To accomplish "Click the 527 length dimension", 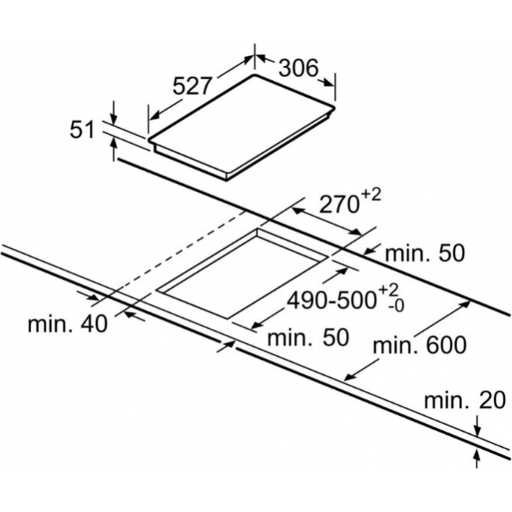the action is pos(191,86).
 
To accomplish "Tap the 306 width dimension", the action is pos(298,68).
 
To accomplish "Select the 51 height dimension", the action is pos(82,130).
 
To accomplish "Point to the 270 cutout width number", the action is pos(339,205).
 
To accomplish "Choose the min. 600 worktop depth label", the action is pos(420,345).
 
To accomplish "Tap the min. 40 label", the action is pos(67,324).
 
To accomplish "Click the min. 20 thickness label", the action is pos(465,400).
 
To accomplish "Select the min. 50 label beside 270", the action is pos(424,254).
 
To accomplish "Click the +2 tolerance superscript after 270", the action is pos(371,196).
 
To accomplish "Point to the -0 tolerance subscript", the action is pos(396,306).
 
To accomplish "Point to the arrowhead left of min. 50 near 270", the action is pos(369,251).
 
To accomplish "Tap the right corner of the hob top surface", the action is pos(334,107).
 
